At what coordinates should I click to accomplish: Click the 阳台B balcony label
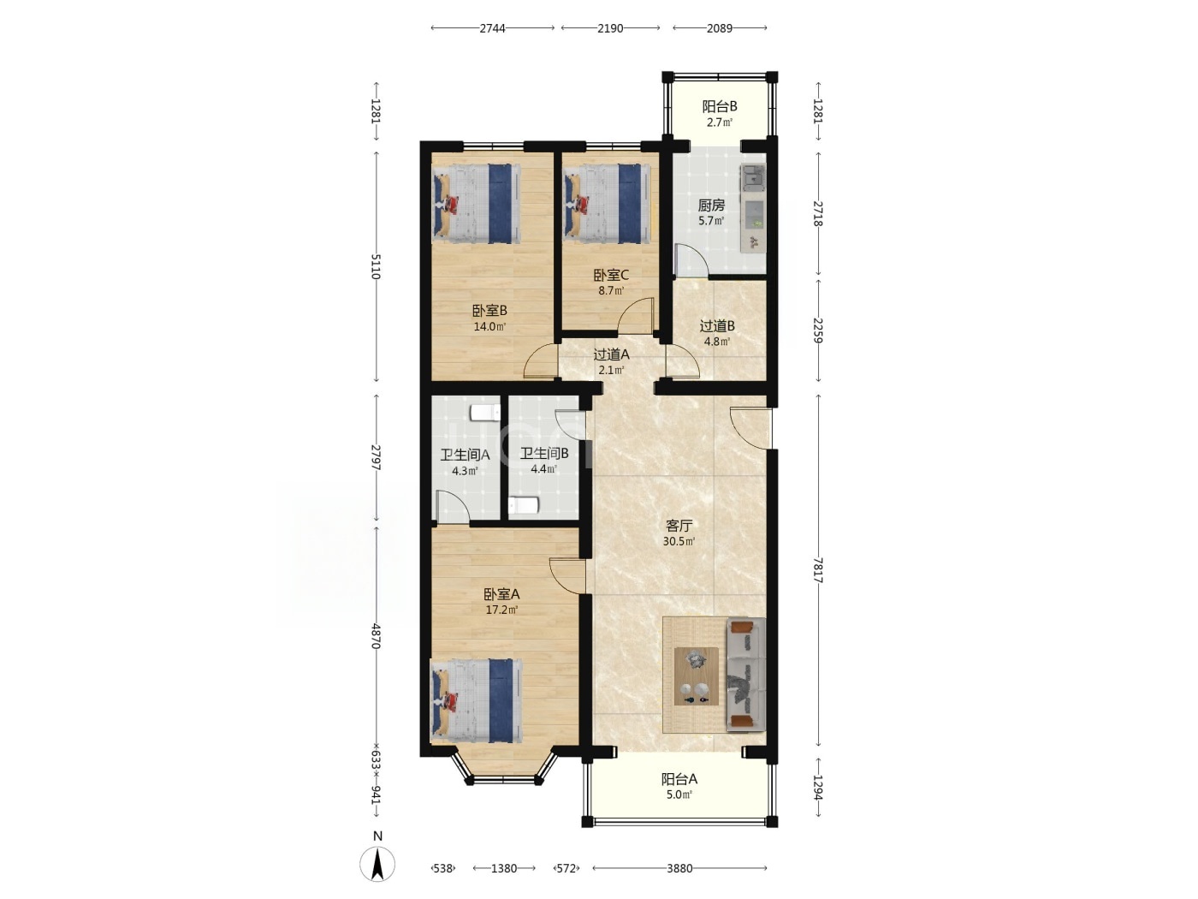[x=719, y=106]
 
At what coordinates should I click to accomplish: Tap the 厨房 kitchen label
[x=711, y=205]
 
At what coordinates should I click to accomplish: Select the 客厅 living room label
[x=679, y=526]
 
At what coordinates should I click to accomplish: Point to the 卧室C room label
[x=611, y=275]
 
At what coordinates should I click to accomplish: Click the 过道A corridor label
[x=611, y=354]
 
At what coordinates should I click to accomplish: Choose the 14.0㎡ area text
[x=489, y=327]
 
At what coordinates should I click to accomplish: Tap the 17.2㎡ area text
[x=501, y=610]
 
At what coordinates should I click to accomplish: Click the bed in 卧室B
[x=477, y=204]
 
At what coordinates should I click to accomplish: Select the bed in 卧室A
[x=477, y=701]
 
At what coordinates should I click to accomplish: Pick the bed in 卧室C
[x=607, y=204]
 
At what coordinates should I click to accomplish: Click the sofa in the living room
[x=745, y=675]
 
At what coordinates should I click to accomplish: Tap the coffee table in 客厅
[x=696, y=676]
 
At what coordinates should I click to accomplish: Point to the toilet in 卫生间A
[x=485, y=412]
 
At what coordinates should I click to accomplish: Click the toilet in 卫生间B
[x=524, y=505]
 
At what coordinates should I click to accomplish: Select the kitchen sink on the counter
[x=753, y=177]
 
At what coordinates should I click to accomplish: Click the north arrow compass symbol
[x=377, y=865]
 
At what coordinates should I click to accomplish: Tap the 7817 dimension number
[x=817, y=570]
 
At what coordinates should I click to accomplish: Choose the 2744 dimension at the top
[x=492, y=28]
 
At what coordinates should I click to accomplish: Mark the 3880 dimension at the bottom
[x=679, y=868]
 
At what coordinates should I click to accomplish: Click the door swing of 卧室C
[x=636, y=315]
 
